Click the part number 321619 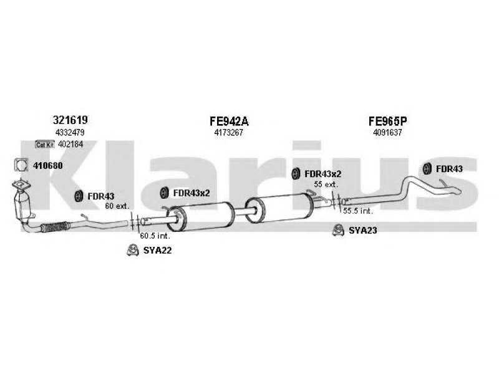70,120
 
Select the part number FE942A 229,121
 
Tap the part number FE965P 387,121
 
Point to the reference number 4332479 70,132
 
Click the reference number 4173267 228,132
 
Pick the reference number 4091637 387,132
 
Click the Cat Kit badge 45,145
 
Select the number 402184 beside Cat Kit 70,144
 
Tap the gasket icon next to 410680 21,165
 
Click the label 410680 48,166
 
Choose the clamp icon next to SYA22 133,250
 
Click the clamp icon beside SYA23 338,230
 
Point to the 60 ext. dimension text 117,206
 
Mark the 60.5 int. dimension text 155,236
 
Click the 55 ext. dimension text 326,184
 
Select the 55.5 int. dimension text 357,211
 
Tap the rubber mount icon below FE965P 427,168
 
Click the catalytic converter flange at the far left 21,185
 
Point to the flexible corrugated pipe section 55,227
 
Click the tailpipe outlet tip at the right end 457,191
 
